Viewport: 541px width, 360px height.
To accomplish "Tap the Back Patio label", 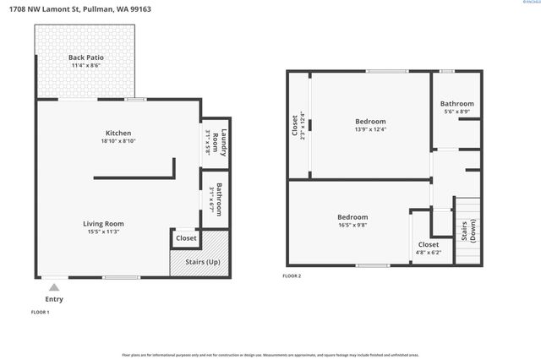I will pos(86,57).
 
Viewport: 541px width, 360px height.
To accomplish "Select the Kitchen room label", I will pos(117,134).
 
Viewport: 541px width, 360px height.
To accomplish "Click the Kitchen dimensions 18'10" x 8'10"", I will pos(117,142).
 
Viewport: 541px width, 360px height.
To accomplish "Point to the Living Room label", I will pos(104,224).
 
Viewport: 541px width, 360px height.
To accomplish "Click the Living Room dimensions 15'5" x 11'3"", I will pos(104,232).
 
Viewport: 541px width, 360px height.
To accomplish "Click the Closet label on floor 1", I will pos(186,238).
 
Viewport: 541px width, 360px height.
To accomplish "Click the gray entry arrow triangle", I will pos(54,287).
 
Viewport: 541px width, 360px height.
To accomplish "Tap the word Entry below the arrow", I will pos(54,299).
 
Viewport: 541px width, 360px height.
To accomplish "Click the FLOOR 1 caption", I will pos(40,313).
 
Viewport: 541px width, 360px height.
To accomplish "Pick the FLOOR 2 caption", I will pos(292,276).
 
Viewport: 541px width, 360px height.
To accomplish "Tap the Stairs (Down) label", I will pos(466,232).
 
